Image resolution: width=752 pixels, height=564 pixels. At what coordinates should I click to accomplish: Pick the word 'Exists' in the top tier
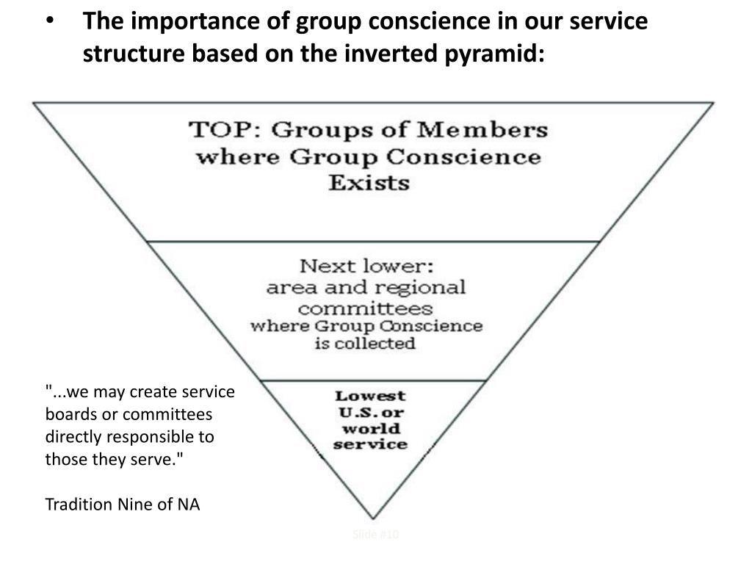tap(368, 182)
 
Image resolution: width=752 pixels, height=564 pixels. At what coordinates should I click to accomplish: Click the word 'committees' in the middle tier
tap(365, 307)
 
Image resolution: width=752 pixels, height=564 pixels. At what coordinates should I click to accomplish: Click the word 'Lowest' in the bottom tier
tap(370, 397)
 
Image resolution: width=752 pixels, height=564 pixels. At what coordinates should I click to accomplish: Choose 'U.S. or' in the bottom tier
tap(370, 413)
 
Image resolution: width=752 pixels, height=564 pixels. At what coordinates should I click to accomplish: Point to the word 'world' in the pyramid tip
tap(370, 429)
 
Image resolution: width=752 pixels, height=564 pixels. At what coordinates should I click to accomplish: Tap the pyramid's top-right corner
tap(713, 103)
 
